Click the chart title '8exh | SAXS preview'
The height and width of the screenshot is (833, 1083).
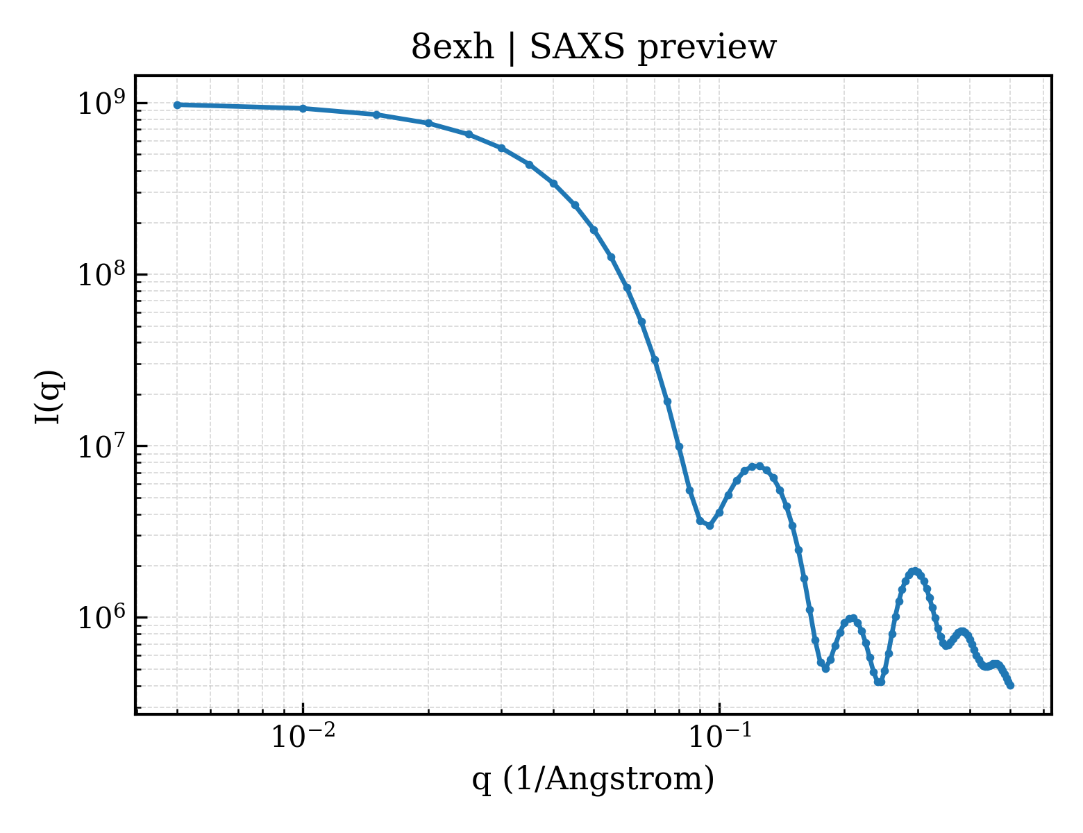pos(593,48)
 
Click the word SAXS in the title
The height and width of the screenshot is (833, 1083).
pos(577,47)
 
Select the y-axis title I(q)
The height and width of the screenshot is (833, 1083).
pos(48,396)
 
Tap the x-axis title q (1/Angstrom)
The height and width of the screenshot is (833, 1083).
pos(593,779)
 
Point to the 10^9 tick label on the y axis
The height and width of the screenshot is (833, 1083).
pos(103,103)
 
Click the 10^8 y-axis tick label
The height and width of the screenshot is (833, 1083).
pos(103,274)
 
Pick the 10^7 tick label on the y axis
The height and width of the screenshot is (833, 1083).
pos(103,446)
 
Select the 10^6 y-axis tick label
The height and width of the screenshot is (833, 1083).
pos(103,617)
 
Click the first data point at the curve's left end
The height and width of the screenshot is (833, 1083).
pos(178,105)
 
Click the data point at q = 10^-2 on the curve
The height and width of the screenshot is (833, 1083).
pos(303,108)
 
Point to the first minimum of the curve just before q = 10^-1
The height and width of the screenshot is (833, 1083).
pos(710,525)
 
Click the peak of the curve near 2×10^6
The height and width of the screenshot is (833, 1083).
pos(914,571)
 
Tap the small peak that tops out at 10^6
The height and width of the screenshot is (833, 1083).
pos(853,619)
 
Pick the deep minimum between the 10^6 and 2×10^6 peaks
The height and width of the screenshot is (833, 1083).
pos(880,682)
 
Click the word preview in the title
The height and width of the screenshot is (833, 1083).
pos(707,49)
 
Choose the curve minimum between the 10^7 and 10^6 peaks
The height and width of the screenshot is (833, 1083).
pos(826,668)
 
